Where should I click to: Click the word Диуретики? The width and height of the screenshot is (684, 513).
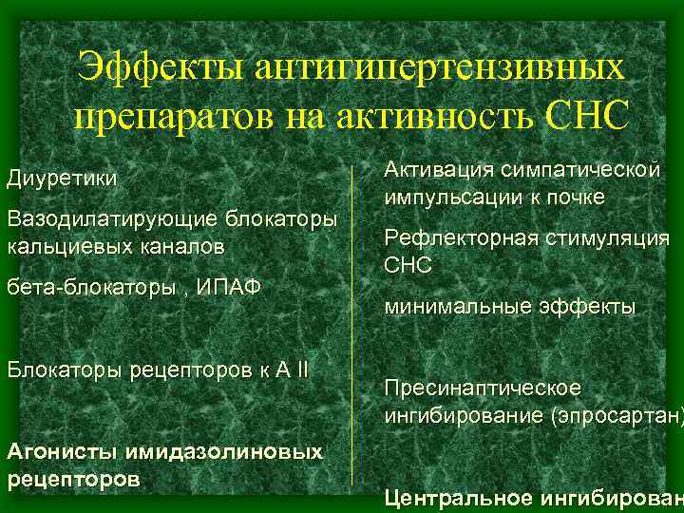coord(63,179)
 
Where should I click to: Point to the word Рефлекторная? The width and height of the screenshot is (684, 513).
coord(455,238)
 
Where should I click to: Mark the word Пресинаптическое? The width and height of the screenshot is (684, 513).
coord(483,389)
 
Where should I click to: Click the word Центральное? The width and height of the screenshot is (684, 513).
coord(457,497)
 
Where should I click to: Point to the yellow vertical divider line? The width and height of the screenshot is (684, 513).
coord(353,323)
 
